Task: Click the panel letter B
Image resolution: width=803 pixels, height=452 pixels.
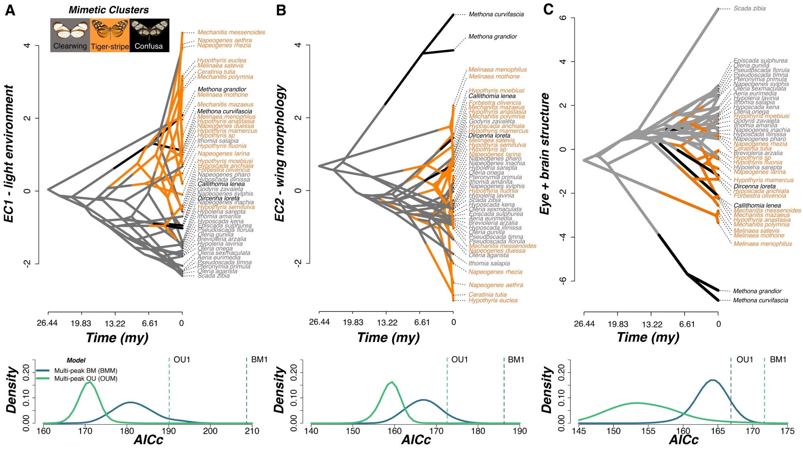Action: click(281, 10)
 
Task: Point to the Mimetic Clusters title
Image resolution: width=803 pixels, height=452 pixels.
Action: click(108, 10)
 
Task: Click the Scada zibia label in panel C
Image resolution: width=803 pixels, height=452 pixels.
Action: click(749, 8)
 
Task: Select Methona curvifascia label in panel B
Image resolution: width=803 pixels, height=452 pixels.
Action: click(496, 14)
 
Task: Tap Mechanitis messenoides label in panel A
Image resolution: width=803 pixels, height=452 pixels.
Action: click(231, 33)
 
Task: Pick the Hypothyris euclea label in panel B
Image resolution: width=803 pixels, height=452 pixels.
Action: click(493, 301)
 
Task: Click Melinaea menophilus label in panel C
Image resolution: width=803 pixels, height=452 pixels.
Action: click(762, 244)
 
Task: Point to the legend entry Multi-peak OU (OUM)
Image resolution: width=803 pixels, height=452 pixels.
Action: click(86, 378)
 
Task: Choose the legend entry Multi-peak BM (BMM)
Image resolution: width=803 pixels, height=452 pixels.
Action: click(86, 370)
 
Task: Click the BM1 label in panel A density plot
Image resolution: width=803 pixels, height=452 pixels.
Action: click(259, 360)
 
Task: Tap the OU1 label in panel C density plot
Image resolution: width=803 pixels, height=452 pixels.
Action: click(744, 360)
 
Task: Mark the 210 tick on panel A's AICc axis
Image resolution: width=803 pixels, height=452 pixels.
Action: click(252, 431)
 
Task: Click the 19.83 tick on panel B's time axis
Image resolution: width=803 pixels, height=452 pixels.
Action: click(353, 322)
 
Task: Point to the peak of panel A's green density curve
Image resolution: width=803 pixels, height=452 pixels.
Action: click(89, 382)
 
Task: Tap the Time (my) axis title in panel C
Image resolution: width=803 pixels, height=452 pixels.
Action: click(648, 337)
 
